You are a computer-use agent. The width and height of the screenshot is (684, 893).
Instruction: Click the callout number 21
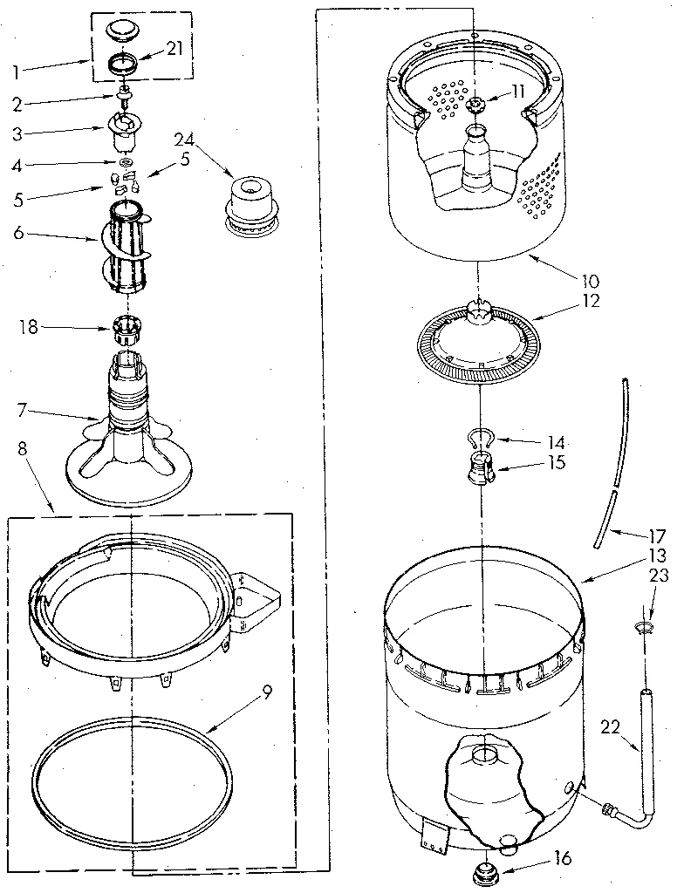pyautogui.click(x=174, y=49)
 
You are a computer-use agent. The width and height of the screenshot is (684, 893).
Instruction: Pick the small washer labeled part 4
pyautogui.click(x=126, y=161)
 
